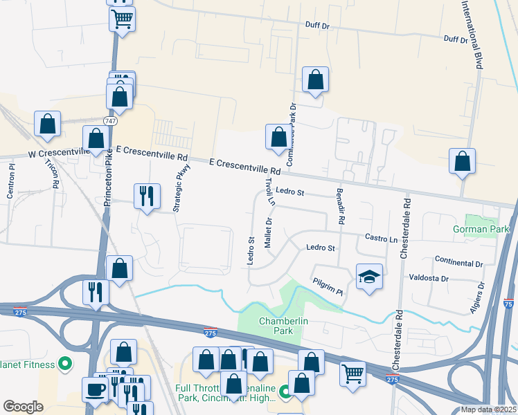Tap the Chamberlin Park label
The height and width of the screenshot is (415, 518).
276,326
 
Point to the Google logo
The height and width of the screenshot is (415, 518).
23,407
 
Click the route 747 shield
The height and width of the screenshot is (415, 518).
109,121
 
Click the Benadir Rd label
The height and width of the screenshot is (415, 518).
340,206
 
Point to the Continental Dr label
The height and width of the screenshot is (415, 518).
458,261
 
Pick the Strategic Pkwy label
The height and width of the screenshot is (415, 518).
177,192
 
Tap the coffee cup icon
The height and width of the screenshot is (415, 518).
95,388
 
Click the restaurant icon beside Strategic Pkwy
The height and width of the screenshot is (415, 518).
146,196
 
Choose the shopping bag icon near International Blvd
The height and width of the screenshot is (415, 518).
462,161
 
